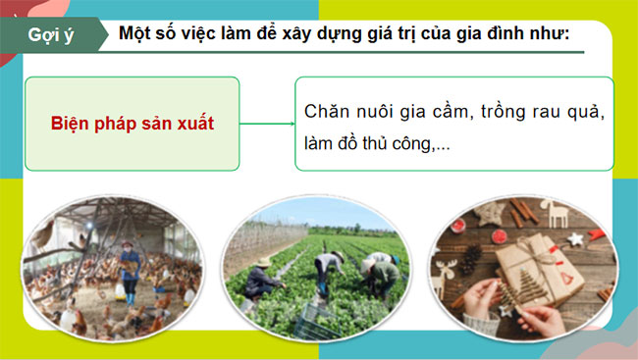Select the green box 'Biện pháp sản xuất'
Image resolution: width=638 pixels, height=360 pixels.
(x=133, y=125)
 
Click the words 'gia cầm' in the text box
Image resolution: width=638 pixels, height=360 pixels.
(x=437, y=110)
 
